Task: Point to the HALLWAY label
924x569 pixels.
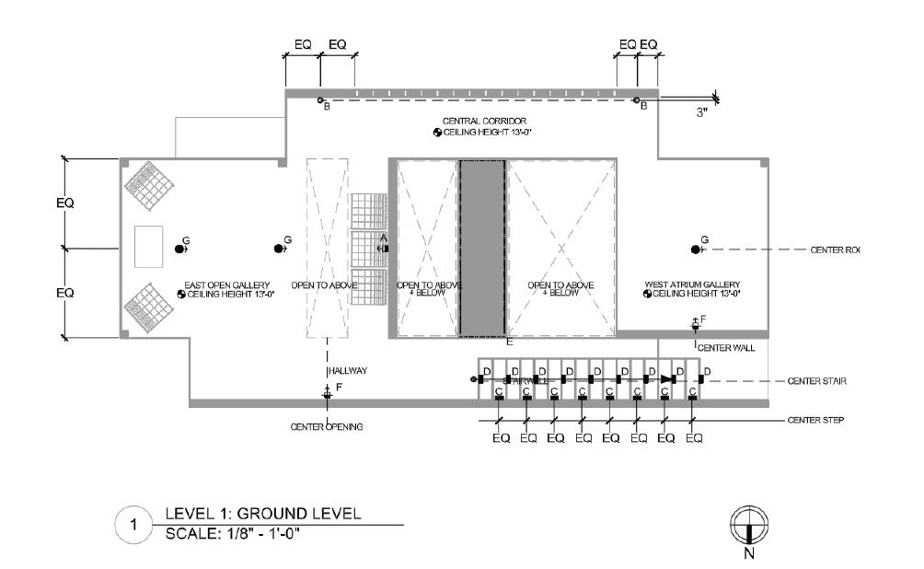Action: [349, 371]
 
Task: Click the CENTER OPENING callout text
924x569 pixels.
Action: [326, 426]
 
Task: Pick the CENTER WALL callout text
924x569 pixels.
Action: [726, 348]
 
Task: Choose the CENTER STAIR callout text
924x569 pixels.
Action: [816, 380]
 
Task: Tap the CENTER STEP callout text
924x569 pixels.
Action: [816, 420]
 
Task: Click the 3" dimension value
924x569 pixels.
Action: [702, 112]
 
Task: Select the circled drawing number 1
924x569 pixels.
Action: [133, 526]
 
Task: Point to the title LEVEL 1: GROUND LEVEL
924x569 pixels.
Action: [262, 514]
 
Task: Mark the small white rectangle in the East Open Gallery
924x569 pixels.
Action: [148, 248]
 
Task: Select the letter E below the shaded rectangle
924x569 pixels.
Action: [508, 342]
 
